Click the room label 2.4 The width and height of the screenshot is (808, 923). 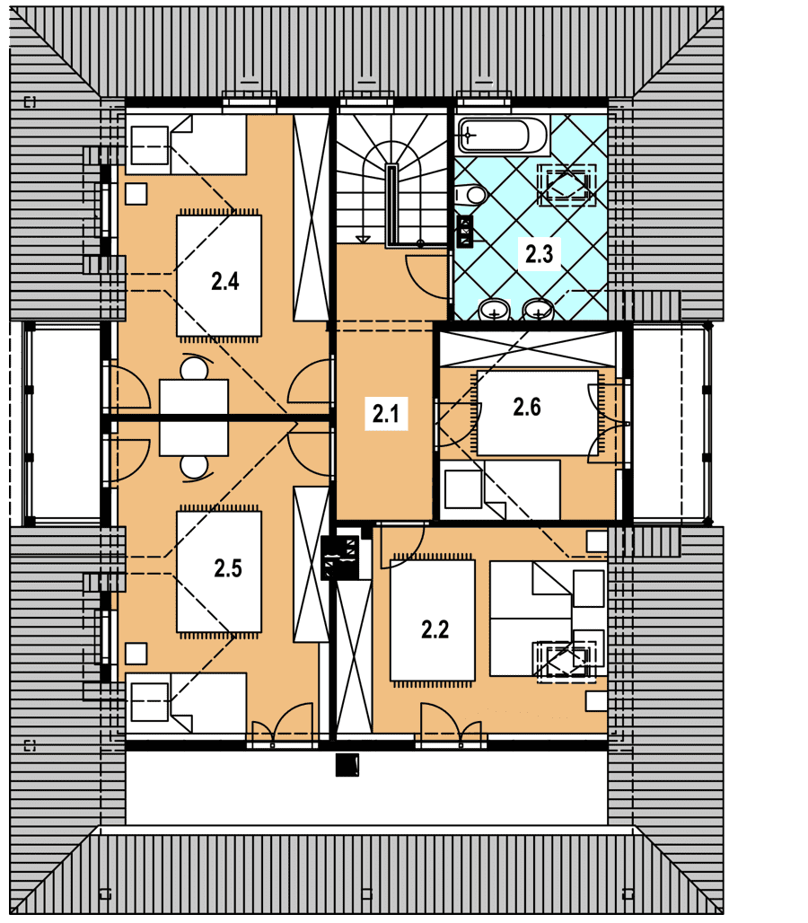224,281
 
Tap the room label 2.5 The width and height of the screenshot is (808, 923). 228,568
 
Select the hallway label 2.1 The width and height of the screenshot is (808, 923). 385,413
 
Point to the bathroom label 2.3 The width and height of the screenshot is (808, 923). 539,254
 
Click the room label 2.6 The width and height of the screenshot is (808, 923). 527,407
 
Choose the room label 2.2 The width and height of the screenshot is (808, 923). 435,629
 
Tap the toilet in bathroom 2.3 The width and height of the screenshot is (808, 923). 470,194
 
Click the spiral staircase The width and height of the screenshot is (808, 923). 392,180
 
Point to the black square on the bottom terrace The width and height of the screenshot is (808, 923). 347,765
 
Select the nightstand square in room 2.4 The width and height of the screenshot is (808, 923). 136,194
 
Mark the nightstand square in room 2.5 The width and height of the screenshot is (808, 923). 136,654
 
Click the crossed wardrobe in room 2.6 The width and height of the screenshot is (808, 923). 528,349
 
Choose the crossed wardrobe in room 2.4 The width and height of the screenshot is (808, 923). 312,217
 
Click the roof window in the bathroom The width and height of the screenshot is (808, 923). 566,185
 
